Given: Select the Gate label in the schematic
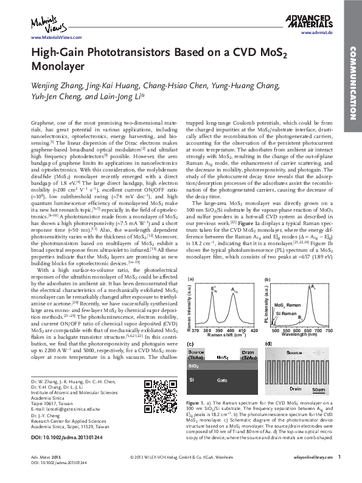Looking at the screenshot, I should [x=221, y=380].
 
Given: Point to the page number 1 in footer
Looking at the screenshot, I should [x=339, y=474].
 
